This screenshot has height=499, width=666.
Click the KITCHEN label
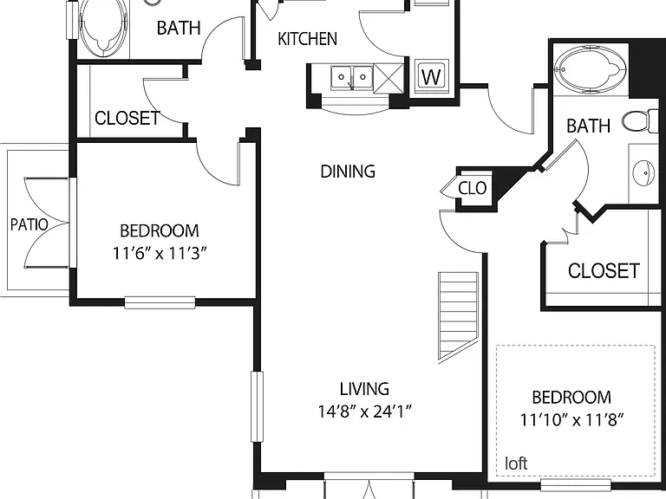tap(308, 39)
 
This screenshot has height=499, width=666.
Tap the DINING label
tap(348, 172)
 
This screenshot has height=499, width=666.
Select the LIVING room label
tap(364, 389)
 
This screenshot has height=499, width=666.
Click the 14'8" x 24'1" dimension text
tap(365, 412)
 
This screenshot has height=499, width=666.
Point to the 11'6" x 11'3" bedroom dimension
tap(160, 254)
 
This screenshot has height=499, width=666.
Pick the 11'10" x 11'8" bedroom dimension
tap(571, 420)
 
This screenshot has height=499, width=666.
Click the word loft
tap(516, 463)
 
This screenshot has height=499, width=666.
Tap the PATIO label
tap(29, 224)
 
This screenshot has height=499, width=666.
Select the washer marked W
tap(431, 75)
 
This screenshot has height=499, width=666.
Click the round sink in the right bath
tap(645, 172)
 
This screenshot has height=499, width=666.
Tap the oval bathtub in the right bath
tap(591, 68)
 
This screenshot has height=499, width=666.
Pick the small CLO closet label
tap(473, 188)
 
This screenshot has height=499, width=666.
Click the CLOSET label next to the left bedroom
tap(127, 118)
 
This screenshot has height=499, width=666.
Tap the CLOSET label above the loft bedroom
tap(604, 271)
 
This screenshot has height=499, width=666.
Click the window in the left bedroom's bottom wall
tap(160, 302)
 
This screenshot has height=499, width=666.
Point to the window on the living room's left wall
tap(257, 406)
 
